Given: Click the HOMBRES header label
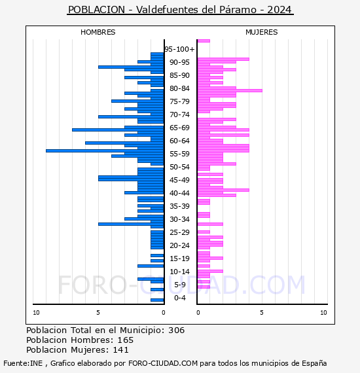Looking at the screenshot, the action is (x=98, y=32).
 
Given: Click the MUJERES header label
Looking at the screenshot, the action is (x=262, y=32).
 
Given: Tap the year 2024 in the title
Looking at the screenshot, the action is (x=279, y=10).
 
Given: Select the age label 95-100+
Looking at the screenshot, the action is (x=179, y=49).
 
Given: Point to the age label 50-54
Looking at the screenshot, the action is (x=179, y=167).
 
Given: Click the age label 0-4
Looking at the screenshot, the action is (x=180, y=298).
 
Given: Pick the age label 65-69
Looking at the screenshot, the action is (x=179, y=128).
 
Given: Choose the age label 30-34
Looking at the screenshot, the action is (x=179, y=219).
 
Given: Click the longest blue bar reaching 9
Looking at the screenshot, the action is (x=105, y=151).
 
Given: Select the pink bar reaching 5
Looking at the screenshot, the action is (x=230, y=91).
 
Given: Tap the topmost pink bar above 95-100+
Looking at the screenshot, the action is (x=204, y=41).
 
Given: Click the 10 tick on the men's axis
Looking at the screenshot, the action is (x=36, y=313).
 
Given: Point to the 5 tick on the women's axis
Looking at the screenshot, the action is (x=262, y=313).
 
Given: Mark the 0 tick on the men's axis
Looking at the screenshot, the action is (x=164, y=313).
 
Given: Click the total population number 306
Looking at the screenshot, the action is (x=176, y=330).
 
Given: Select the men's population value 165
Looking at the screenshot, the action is (x=126, y=340).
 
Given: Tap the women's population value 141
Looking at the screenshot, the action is (x=120, y=350).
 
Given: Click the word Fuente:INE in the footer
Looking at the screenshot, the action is (x=23, y=363).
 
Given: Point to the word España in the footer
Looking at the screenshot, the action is (x=314, y=363).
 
